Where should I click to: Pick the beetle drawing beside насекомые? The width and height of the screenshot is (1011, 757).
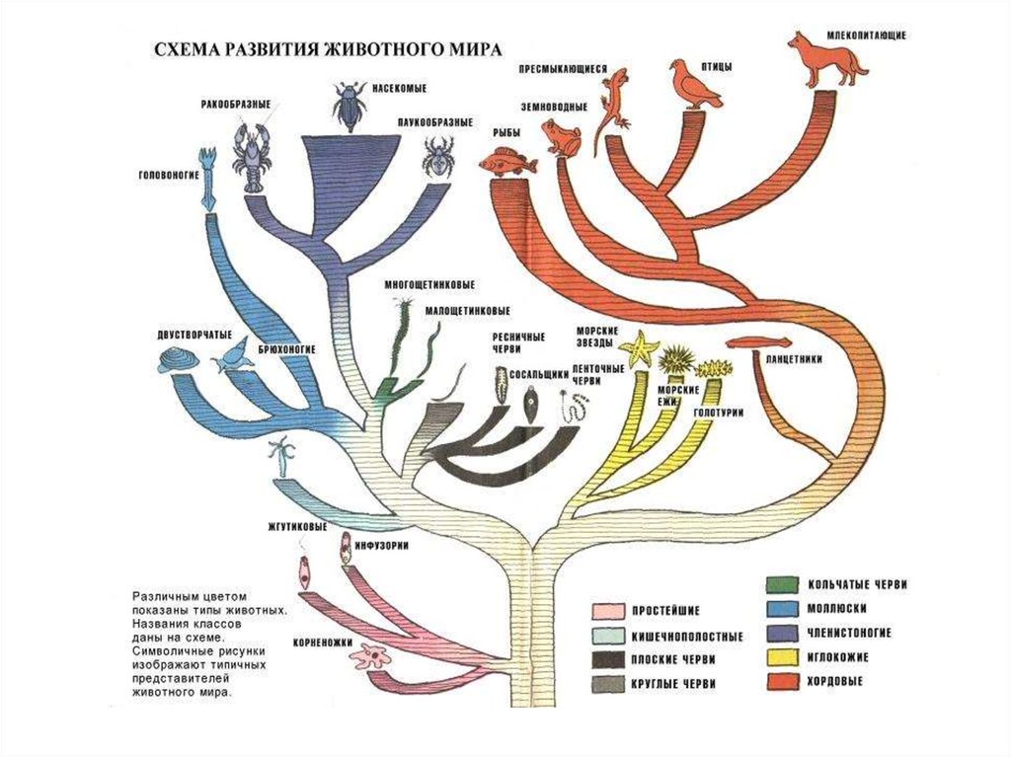coord(350,107)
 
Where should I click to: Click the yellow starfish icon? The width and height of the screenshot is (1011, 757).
coord(640,348)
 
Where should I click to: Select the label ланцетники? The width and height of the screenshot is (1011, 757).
coord(794,360)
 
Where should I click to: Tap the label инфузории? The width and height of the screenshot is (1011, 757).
coord(384,544)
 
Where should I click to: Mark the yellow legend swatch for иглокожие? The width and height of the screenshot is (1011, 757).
coord(787,655)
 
